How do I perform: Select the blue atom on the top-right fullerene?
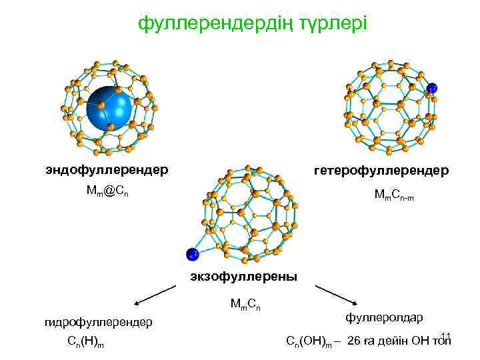click(432, 87)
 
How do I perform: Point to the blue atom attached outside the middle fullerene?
click(193, 254)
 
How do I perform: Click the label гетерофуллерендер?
click(381, 171)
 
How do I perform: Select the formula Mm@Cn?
click(107, 191)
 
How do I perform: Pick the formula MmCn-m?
click(399, 195)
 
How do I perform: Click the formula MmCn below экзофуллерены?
click(245, 305)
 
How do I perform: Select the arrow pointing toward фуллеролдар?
click(337, 295)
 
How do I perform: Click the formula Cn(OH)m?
click(310, 342)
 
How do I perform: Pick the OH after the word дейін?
click(422, 341)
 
